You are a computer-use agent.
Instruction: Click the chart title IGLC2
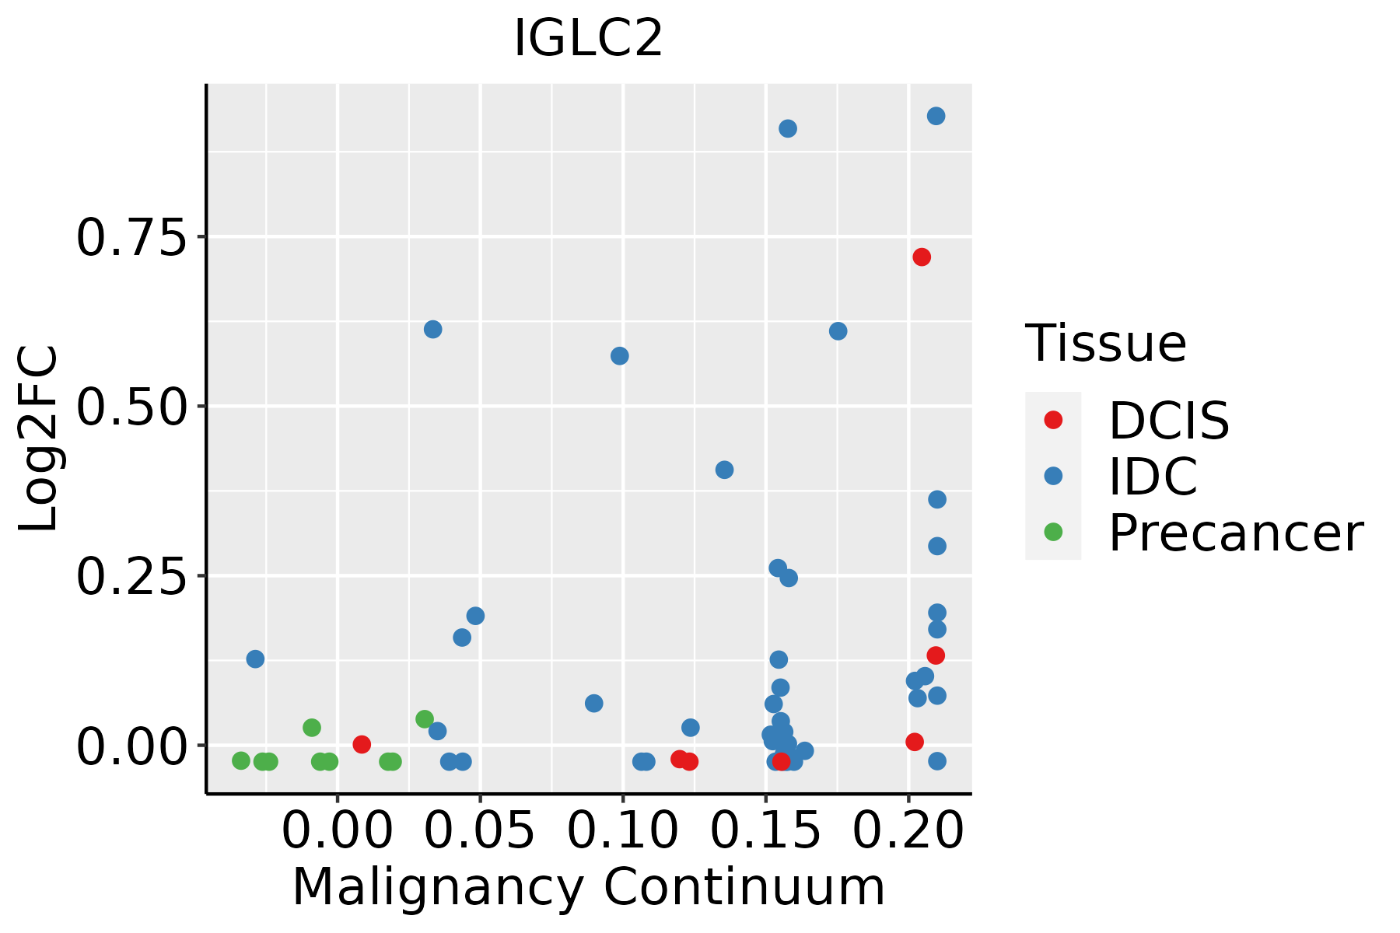588,39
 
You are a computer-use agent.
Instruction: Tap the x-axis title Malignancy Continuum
588,887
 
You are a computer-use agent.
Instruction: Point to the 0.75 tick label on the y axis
132,237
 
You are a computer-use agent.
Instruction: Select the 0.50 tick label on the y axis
132,407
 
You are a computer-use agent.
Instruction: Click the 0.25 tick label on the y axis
132,577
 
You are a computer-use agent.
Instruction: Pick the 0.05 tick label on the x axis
480,830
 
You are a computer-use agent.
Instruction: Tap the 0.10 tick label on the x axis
623,830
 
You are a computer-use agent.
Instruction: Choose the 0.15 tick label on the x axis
766,830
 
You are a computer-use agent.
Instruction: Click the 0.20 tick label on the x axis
908,830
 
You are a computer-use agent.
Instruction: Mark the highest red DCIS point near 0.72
922,257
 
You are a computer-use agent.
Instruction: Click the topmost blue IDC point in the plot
936,116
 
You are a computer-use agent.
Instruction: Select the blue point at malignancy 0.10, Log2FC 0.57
620,356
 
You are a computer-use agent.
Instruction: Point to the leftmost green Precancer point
241,760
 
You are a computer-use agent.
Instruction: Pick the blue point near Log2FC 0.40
724,470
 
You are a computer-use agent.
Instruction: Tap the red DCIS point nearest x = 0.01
362,744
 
